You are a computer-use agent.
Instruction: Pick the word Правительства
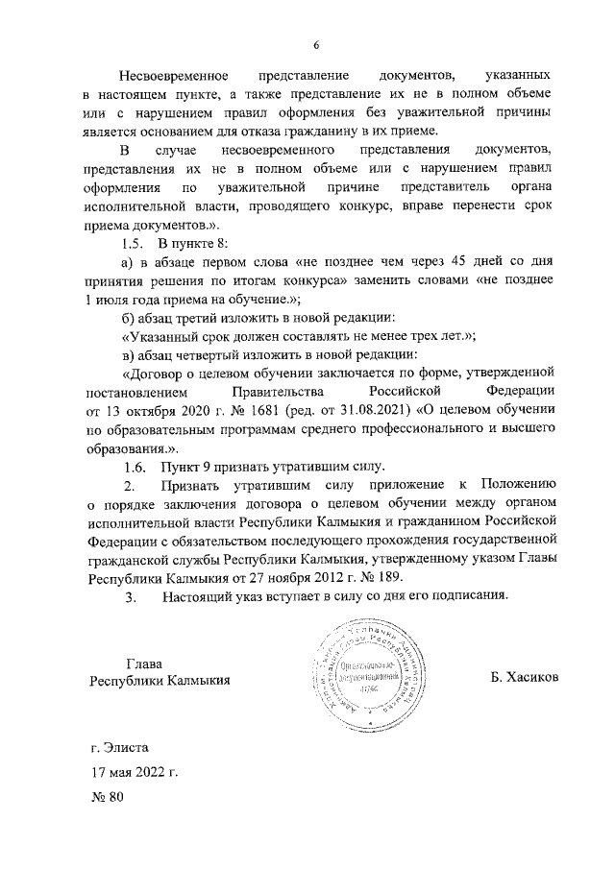click(x=273, y=392)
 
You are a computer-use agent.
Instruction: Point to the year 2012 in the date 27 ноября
click(x=325, y=577)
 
